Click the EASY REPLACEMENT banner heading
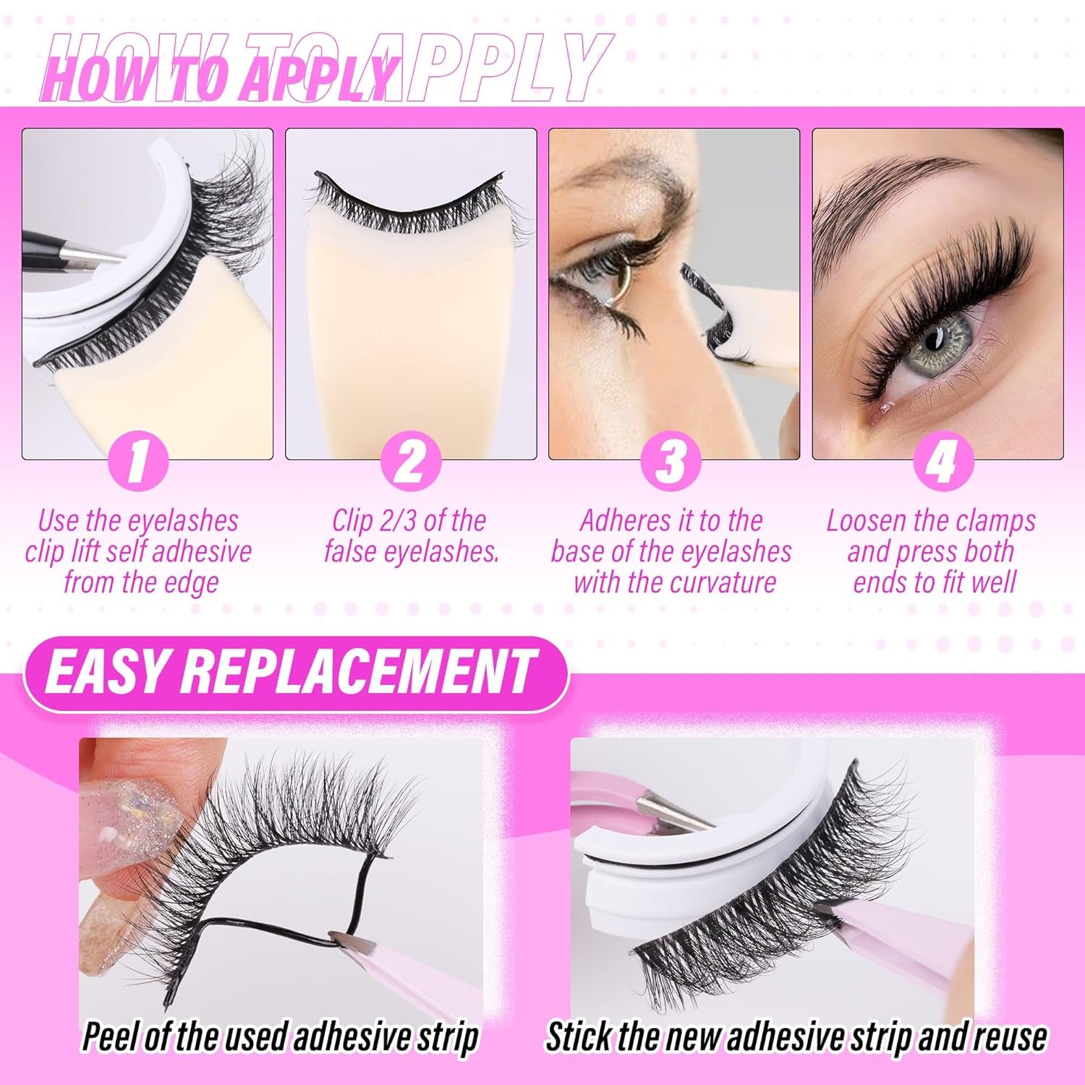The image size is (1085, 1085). click(289, 671)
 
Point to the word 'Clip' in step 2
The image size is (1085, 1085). click(356, 521)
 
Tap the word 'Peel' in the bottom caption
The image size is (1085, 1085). click(109, 1037)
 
